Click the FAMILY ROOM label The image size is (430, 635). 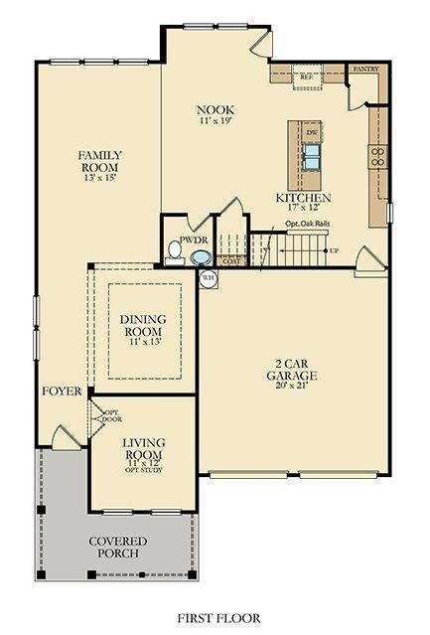(100, 161)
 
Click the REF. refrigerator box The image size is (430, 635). (307, 75)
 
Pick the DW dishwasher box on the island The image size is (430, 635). (311, 131)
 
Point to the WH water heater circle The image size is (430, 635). (209, 278)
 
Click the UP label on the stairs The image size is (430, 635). (334, 249)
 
